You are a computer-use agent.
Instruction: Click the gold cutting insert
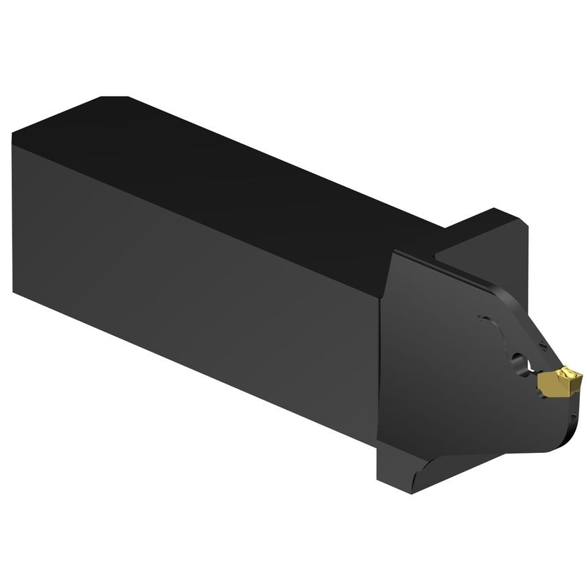[x=559, y=382]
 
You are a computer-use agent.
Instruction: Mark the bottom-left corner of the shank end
[x=14, y=292]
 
